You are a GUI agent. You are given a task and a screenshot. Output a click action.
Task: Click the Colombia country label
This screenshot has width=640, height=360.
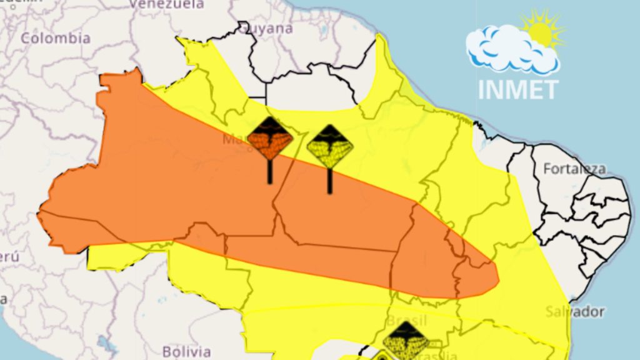(x=56, y=38)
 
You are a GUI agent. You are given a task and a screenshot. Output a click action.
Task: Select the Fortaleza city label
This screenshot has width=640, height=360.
(x=574, y=169)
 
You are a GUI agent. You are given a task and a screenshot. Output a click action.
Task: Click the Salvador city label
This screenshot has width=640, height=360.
(x=574, y=311)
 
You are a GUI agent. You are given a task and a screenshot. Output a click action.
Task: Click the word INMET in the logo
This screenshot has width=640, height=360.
(x=517, y=89)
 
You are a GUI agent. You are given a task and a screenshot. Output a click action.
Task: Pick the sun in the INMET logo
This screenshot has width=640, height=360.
(x=542, y=30)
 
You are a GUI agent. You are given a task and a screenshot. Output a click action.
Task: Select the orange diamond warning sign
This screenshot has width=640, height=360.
(x=270, y=139)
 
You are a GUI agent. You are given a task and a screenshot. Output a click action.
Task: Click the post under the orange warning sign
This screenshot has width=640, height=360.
(x=270, y=171)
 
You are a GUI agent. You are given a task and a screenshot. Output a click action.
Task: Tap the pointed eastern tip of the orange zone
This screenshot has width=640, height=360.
(x=498, y=276)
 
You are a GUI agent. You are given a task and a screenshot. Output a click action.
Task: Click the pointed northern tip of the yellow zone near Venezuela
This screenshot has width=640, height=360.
(x=181, y=39)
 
